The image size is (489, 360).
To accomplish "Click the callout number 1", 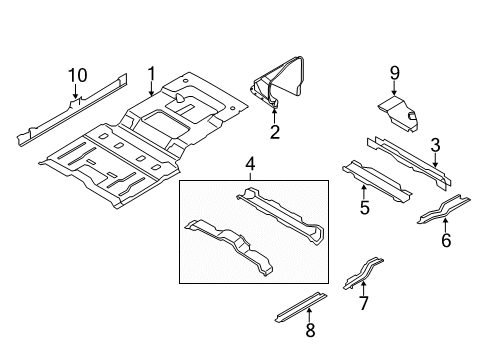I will [x=151, y=73].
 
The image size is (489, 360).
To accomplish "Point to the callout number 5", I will [x=365, y=208].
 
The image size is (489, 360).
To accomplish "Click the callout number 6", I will [x=446, y=240].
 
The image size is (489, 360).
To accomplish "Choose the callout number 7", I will [x=364, y=303].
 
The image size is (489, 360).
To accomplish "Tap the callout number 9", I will [x=394, y=72].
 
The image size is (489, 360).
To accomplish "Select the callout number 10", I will [x=77, y=74].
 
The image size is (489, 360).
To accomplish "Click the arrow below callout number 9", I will [x=394, y=90].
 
